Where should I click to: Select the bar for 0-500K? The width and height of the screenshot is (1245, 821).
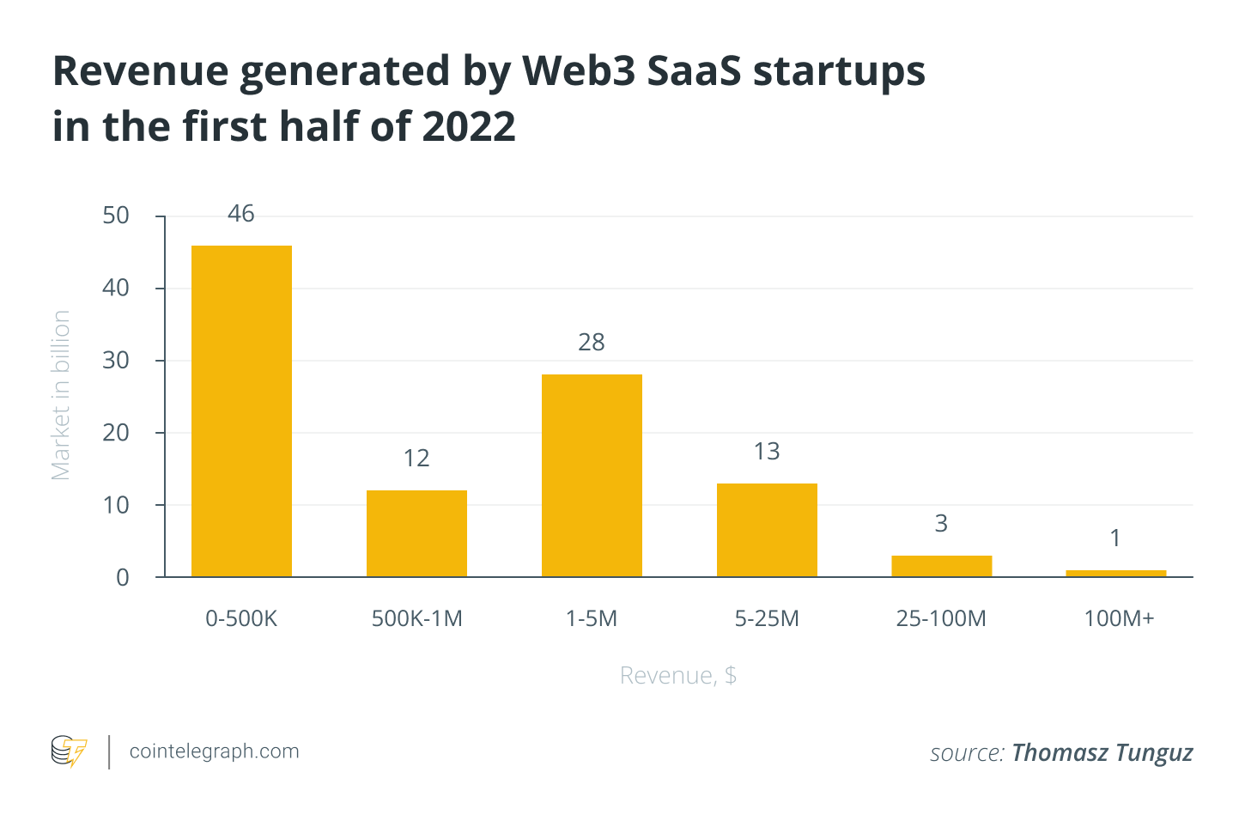pos(241,410)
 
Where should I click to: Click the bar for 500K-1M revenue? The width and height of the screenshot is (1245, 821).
pos(416,533)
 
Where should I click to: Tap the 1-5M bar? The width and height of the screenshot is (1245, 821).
pos(592,475)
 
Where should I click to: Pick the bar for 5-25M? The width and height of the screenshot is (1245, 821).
pos(767,530)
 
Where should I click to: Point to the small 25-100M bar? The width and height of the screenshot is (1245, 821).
pos(941,566)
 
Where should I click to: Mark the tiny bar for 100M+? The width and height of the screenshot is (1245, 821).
pos(1115,573)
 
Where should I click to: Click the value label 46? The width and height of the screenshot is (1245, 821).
pos(241,214)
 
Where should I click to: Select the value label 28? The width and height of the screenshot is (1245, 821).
pos(592,343)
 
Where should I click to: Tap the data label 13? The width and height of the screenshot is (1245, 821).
pos(767,452)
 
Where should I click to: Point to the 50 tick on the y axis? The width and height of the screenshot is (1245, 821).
pos(116,216)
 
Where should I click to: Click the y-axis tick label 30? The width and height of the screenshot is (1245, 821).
pos(116,361)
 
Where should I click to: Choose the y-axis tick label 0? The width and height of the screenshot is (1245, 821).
pos(123,578)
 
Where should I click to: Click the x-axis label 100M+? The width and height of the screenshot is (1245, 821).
pos(1119,618)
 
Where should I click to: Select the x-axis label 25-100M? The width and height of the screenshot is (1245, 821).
pos(941,618)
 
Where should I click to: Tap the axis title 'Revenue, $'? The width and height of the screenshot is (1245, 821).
pos(678,676)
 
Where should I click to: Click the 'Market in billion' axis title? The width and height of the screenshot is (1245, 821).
pos(61,395)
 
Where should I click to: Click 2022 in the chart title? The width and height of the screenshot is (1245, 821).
pos(469,127)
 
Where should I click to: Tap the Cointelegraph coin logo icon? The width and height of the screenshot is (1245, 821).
pos(69,751)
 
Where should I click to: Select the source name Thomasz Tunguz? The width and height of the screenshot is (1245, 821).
pos(1102,753)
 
